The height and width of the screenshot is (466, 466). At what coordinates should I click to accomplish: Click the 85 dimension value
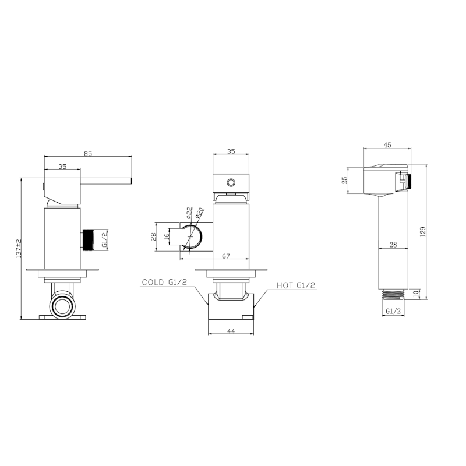[x=88, y=154]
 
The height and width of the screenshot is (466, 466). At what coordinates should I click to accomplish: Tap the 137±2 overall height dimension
[x=19, y=248]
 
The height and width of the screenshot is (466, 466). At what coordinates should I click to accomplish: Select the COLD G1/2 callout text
[x=164, y=282]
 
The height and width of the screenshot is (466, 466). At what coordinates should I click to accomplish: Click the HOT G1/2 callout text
[x=296, y=285]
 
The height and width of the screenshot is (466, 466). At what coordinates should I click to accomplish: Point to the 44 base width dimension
[x=231, y=331]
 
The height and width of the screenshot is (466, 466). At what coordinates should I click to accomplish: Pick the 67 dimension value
[x=226, y=256]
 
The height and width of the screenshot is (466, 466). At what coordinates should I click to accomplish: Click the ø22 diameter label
[x=189, y=213]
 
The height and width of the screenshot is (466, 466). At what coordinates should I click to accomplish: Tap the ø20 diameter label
[x=199, y=214]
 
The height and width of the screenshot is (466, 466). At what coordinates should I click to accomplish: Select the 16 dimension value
[x=167, y=236]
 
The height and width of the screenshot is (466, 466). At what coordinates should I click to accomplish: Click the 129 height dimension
[x=423, y=231]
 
